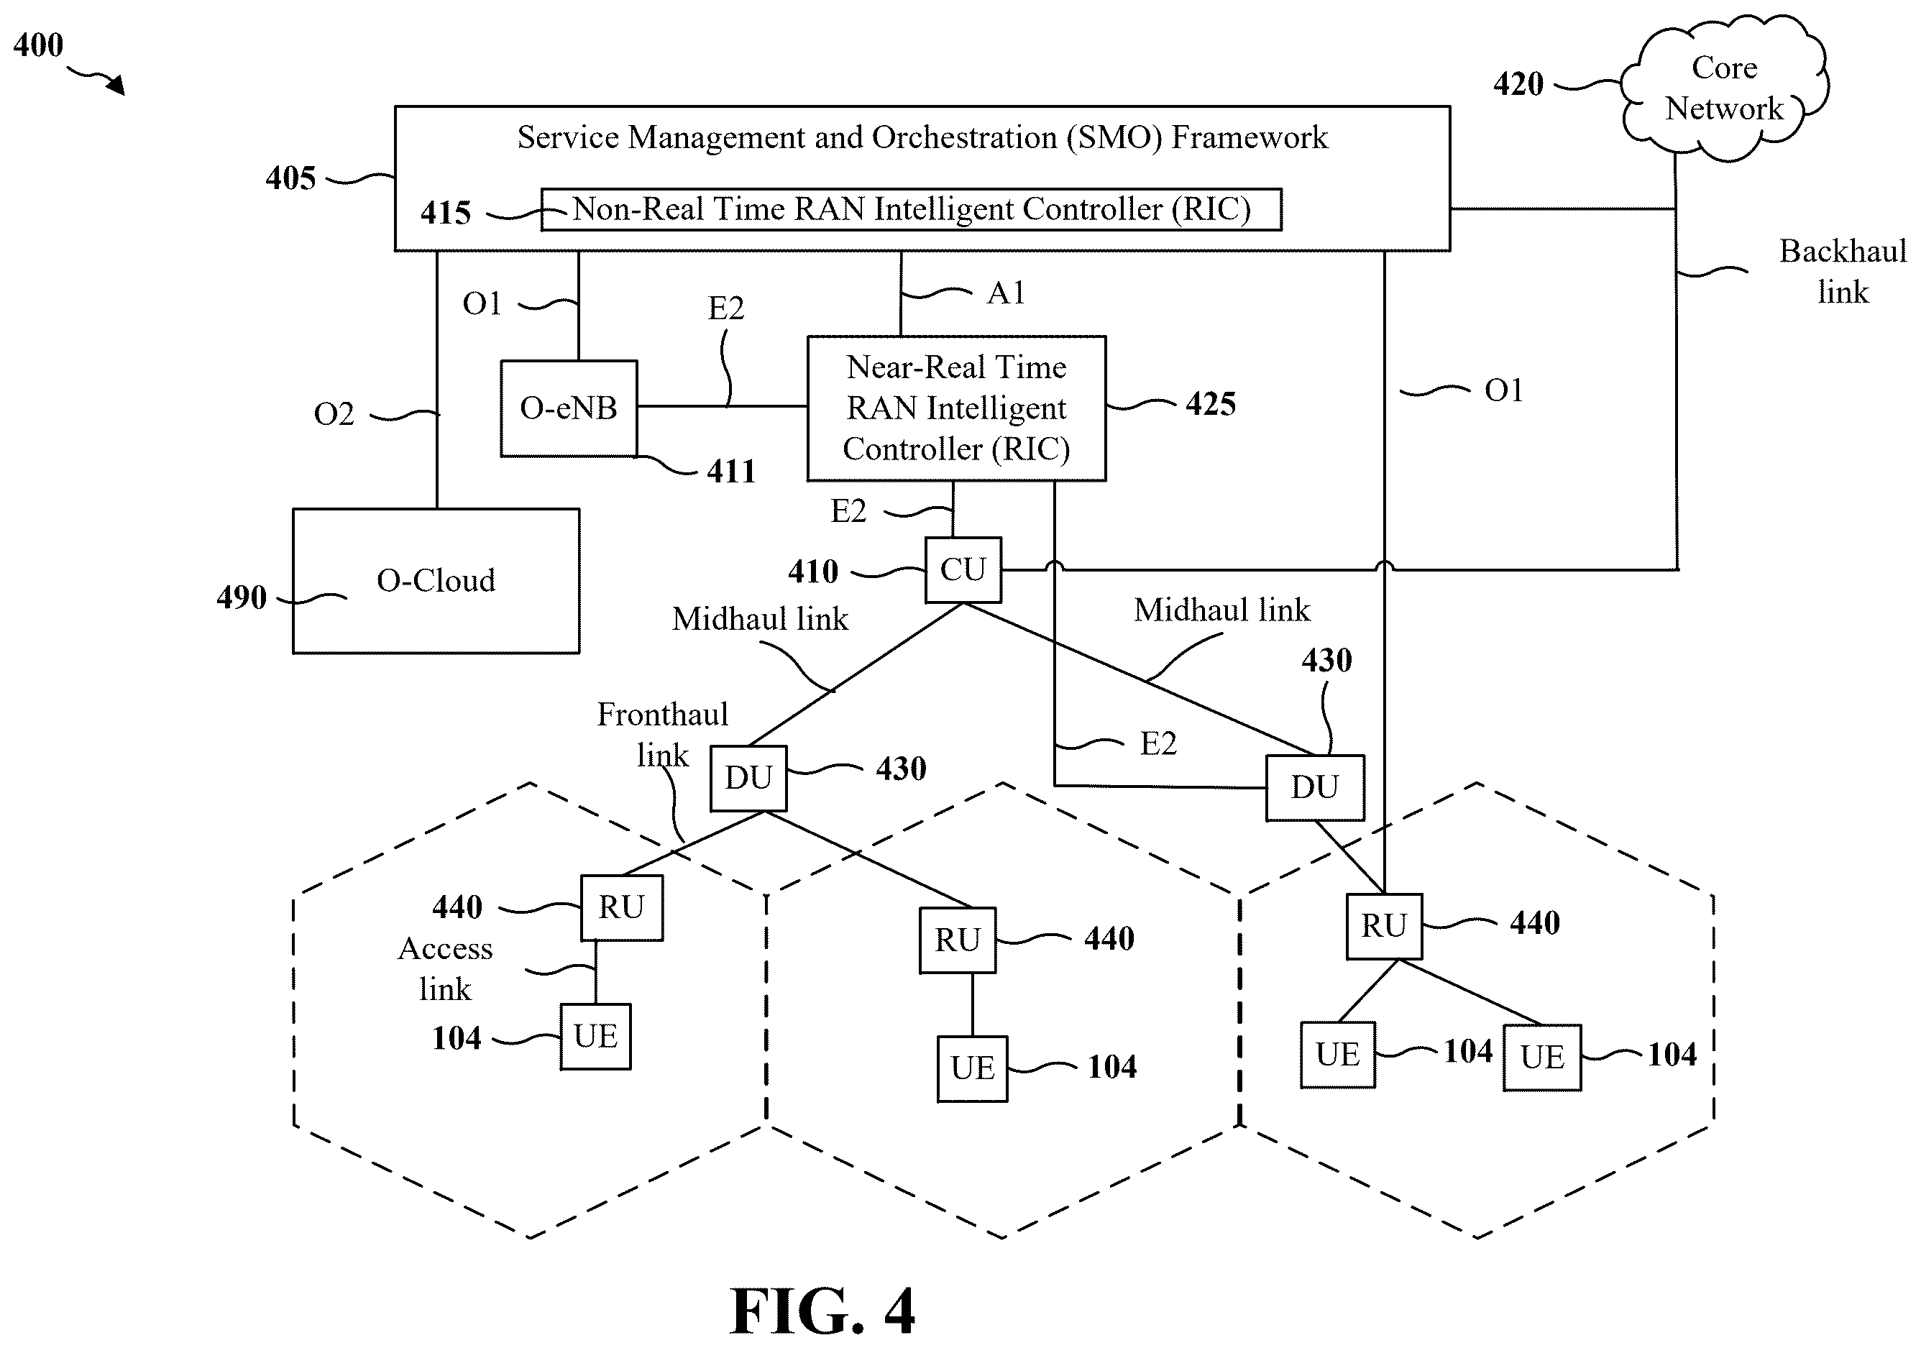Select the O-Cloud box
pos(436,581)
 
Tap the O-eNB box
pos(569,408)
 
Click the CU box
pos(963,570)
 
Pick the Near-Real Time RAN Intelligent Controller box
pos(956,408)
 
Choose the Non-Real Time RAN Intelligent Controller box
pos(911,209)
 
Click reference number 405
pos(290,178)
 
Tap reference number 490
pos(241,597)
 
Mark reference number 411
pos(731,472)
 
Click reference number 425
pos(1211,404)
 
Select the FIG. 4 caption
pos(822,1311)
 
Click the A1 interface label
pos(1006,293)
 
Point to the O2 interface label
pos(334,413)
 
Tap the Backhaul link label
pos(1843,271)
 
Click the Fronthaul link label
pos(663,735)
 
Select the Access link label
pos(445,969)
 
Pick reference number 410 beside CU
pos(813,572)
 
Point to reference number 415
pos(446,213)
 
